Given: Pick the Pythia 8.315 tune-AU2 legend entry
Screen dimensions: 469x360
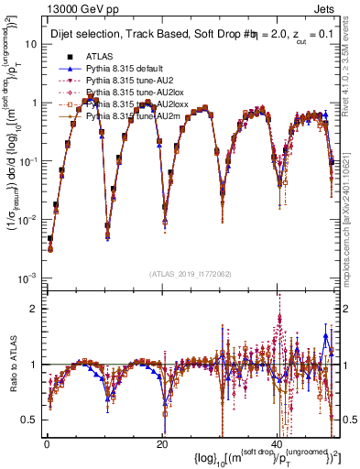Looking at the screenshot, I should (117, 81).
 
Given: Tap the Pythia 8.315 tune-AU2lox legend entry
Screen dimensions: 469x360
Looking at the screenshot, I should (120, 93).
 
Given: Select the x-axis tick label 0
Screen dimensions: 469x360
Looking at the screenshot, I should (47, 443).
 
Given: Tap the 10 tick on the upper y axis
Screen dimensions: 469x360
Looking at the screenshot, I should (31, 44).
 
